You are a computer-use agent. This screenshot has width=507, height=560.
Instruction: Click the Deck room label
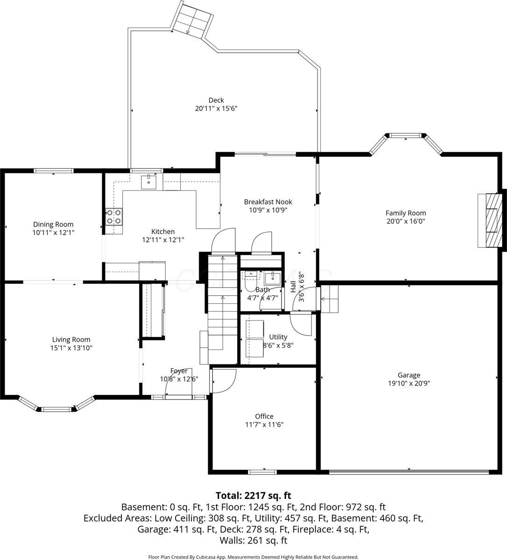[216, 100]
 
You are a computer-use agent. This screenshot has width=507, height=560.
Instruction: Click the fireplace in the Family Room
[492, 220]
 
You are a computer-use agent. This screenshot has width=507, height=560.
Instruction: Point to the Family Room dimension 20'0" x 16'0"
[406, 221]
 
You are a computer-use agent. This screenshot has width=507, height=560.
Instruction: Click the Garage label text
[409, 375]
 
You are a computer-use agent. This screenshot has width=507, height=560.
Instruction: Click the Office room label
[264, 416]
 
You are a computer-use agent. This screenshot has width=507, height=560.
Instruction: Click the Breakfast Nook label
[268, 202]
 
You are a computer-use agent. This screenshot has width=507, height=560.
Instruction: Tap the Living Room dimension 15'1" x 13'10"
[71, 348]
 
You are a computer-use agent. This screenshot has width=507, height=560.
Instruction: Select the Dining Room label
[53, 224]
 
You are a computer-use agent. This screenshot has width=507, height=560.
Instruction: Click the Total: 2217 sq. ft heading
[253, 495]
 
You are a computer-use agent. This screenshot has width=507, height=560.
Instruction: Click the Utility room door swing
[301, 325]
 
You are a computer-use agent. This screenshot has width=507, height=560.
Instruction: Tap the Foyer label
[179, 371]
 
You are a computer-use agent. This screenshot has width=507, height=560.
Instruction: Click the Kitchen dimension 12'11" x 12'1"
[163, 240]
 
